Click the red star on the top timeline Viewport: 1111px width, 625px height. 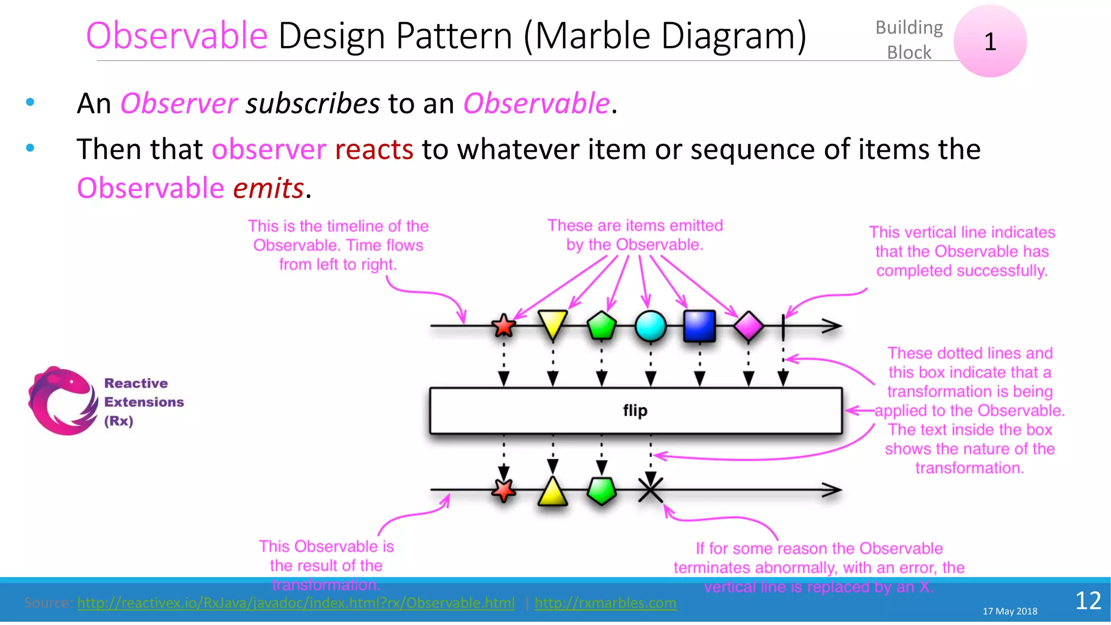(x=503, y=326)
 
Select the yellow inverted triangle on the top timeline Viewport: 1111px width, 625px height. (x=552, y=323)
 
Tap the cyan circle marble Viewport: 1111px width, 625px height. (x=650, y=326)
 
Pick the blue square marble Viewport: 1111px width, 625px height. (x=699, y=326)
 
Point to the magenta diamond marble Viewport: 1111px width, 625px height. (x=748, y=326)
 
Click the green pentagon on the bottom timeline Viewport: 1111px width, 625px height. (x=601, y=490)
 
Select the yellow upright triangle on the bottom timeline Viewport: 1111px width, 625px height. (x=552, y=492)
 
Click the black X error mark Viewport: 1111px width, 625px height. (x=650, y=490)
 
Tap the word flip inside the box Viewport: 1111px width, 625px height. (x=635, y=410)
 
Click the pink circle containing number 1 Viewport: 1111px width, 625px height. (x=990, y=41)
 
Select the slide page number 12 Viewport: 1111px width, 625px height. (x=1088, y=601)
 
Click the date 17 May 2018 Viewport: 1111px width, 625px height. (x=1010, y=611)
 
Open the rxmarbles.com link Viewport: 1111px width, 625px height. (x=605, y=603)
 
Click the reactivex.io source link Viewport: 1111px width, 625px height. (x=296, y=603)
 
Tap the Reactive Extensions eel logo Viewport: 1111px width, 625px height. (x=62, y=401)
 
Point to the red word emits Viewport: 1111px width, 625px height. (x=269, y=188)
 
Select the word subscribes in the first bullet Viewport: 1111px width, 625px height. (x=312, y=103)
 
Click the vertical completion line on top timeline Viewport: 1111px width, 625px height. (x=783, y=327)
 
